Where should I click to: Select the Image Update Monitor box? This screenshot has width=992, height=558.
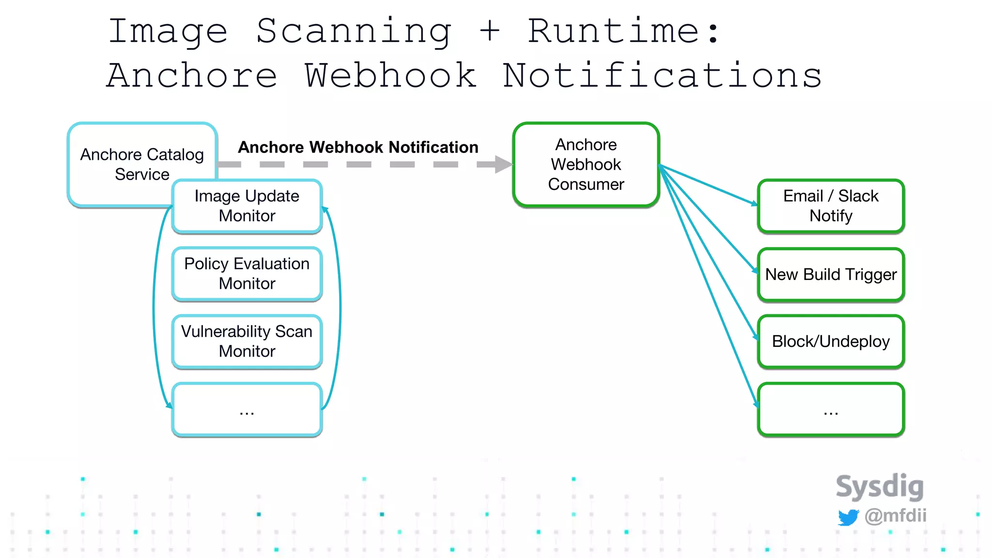point(247,206)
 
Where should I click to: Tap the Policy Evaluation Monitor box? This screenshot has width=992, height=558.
point(247,274)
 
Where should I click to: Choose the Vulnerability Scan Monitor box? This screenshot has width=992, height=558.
point(247,341)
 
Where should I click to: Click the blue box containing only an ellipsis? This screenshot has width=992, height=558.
point(247,410)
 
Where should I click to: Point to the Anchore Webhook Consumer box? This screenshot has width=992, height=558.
point(586,165)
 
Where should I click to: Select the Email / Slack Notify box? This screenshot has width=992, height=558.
point(831,206)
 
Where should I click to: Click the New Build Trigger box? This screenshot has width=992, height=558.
point(831,275)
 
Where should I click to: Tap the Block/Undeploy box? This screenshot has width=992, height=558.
point(831,341)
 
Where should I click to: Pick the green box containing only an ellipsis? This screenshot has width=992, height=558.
point(831,410)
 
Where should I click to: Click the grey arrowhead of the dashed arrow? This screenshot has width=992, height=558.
point(503,164)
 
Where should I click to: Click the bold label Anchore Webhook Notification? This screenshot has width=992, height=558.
point(358,147)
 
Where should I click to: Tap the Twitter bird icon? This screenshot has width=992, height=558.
point(848,517)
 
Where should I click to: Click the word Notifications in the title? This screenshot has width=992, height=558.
point(662,77)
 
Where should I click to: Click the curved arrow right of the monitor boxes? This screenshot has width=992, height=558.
point(340,305)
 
